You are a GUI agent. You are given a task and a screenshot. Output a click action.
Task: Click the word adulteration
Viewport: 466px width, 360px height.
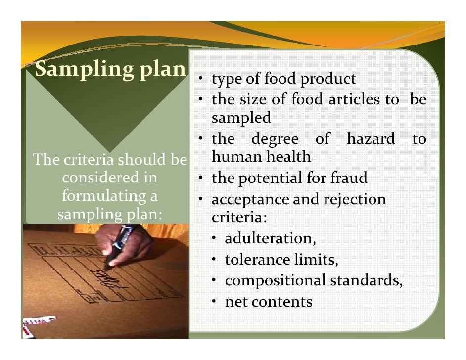270,239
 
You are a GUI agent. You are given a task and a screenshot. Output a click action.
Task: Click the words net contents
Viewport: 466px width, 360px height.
269,302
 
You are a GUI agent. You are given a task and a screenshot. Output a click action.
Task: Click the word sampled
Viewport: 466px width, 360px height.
241,118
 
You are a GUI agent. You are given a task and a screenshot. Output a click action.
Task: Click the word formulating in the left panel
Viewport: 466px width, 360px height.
109,196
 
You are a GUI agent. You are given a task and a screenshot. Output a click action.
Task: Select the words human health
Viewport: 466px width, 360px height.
261,157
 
